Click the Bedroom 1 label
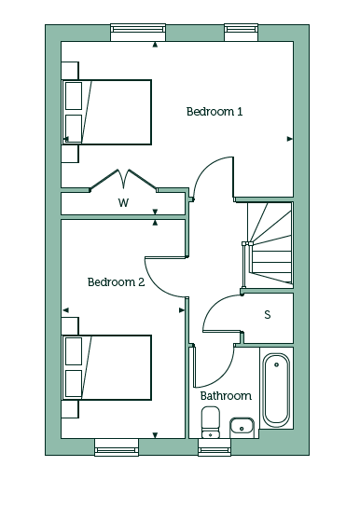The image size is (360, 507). (215, 112)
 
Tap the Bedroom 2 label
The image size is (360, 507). (117, 282)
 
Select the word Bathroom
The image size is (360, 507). (226, 396)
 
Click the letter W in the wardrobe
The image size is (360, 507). (123, 203)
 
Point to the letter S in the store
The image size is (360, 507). (268, 314)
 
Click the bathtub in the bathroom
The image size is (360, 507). (276, 391)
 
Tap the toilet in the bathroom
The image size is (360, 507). (211, 422)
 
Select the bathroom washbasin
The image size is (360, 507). (242, 427)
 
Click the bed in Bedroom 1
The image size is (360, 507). (106, 112)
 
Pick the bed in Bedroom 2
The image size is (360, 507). (106, 367)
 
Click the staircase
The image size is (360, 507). (270, 244)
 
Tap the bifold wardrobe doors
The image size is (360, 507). (123, 179)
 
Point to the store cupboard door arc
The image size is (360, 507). (213, 305)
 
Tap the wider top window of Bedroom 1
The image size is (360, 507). (138, 32)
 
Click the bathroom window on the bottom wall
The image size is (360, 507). (215, 447)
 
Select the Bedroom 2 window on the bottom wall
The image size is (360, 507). (117, 447)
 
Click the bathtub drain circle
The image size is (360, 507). (276, 364)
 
